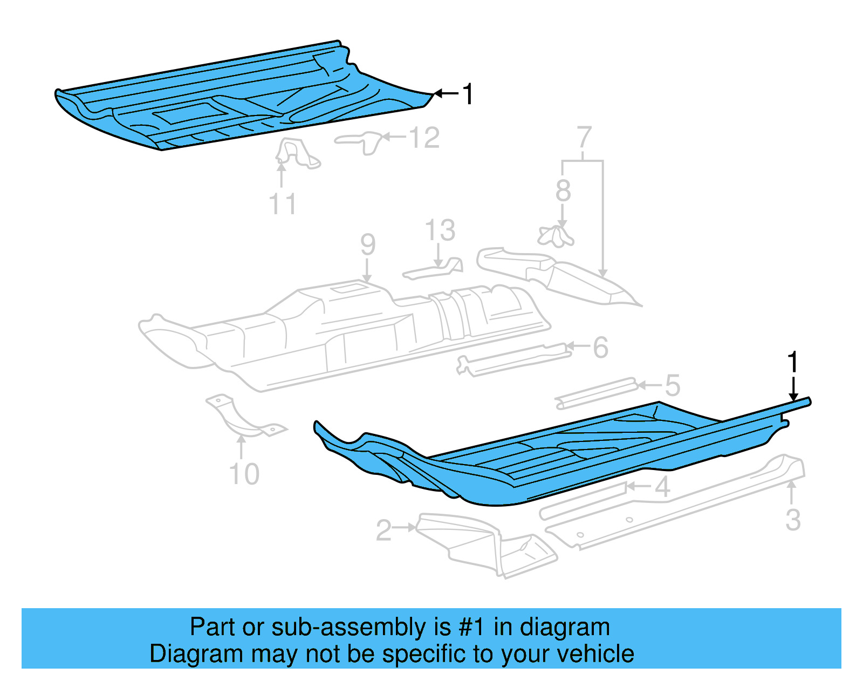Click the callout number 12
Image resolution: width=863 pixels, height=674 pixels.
(x=424, y=138)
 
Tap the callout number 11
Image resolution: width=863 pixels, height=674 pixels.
(x=282, y=205)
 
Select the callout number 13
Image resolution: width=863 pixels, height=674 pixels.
(x=440, y=230)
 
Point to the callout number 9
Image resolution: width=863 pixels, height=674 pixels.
(x=368, y=244)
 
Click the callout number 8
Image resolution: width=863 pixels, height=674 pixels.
(x=563, y=190)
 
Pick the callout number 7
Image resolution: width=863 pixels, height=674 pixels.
(x=584, y=138)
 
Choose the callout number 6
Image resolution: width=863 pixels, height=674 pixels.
(x=601, y=348)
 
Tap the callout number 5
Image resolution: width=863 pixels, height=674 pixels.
(x=672, y=385)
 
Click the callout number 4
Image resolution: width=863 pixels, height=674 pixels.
(x=662, y=487)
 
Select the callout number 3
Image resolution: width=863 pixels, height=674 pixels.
(x=792, y=520)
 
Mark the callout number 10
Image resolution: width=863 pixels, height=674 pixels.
(x=244, y=474)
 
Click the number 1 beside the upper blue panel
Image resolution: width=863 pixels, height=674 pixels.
(x=468, y=94)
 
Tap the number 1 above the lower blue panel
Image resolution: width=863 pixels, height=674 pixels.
(x=792, y=362)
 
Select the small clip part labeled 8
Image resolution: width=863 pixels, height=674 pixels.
(x=555, y=236)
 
